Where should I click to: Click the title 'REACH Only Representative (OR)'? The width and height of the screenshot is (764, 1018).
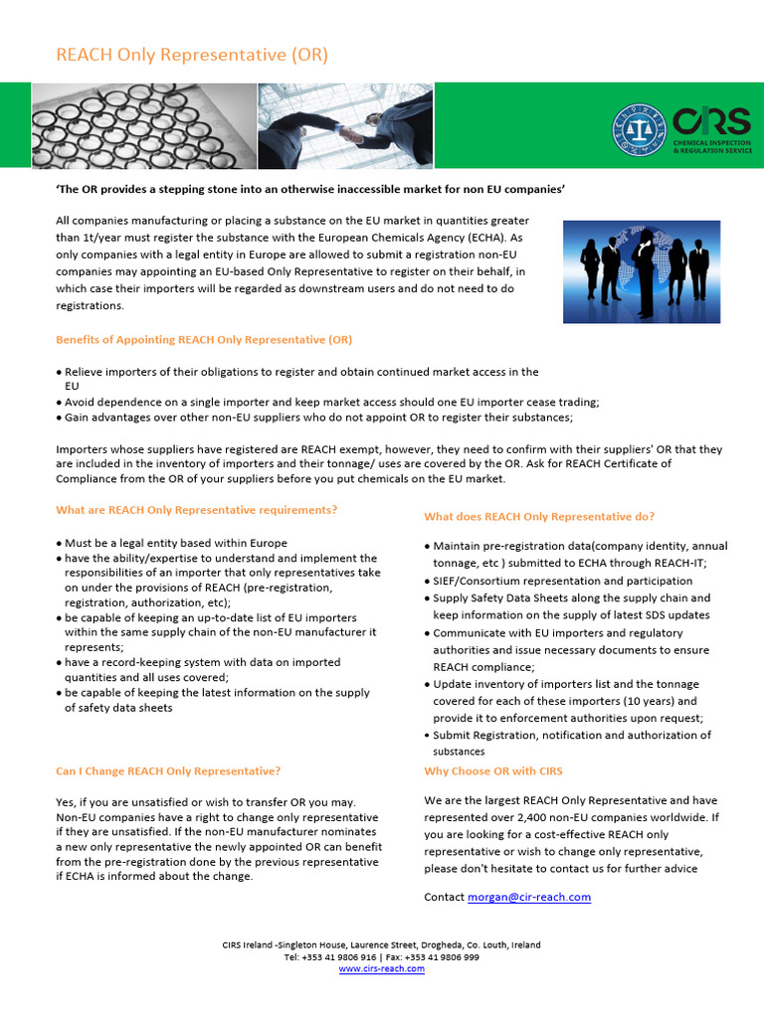[x=191, y=54]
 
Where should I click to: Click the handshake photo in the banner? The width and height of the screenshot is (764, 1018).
[x=345, y=126]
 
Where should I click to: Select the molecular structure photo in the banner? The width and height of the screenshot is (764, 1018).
[x=143, y=126]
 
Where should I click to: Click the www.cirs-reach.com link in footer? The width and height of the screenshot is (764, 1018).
[x=381, y=969]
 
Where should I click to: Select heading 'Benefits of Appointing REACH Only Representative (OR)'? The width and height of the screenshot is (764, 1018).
[x=204, y=339]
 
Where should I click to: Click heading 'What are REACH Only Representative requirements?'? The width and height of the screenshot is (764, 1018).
[x=197, y=510]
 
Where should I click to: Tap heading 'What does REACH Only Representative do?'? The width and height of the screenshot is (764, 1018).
[x=539, y=516]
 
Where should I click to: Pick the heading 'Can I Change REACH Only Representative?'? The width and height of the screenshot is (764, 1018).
[x=168, y=770]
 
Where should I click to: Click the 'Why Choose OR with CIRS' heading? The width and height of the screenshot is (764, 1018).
[x=493, y=770]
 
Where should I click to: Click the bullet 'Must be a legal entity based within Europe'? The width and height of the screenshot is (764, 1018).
[x=175, y=543]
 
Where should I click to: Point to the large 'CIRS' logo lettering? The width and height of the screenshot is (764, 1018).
[x=711, y=121]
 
